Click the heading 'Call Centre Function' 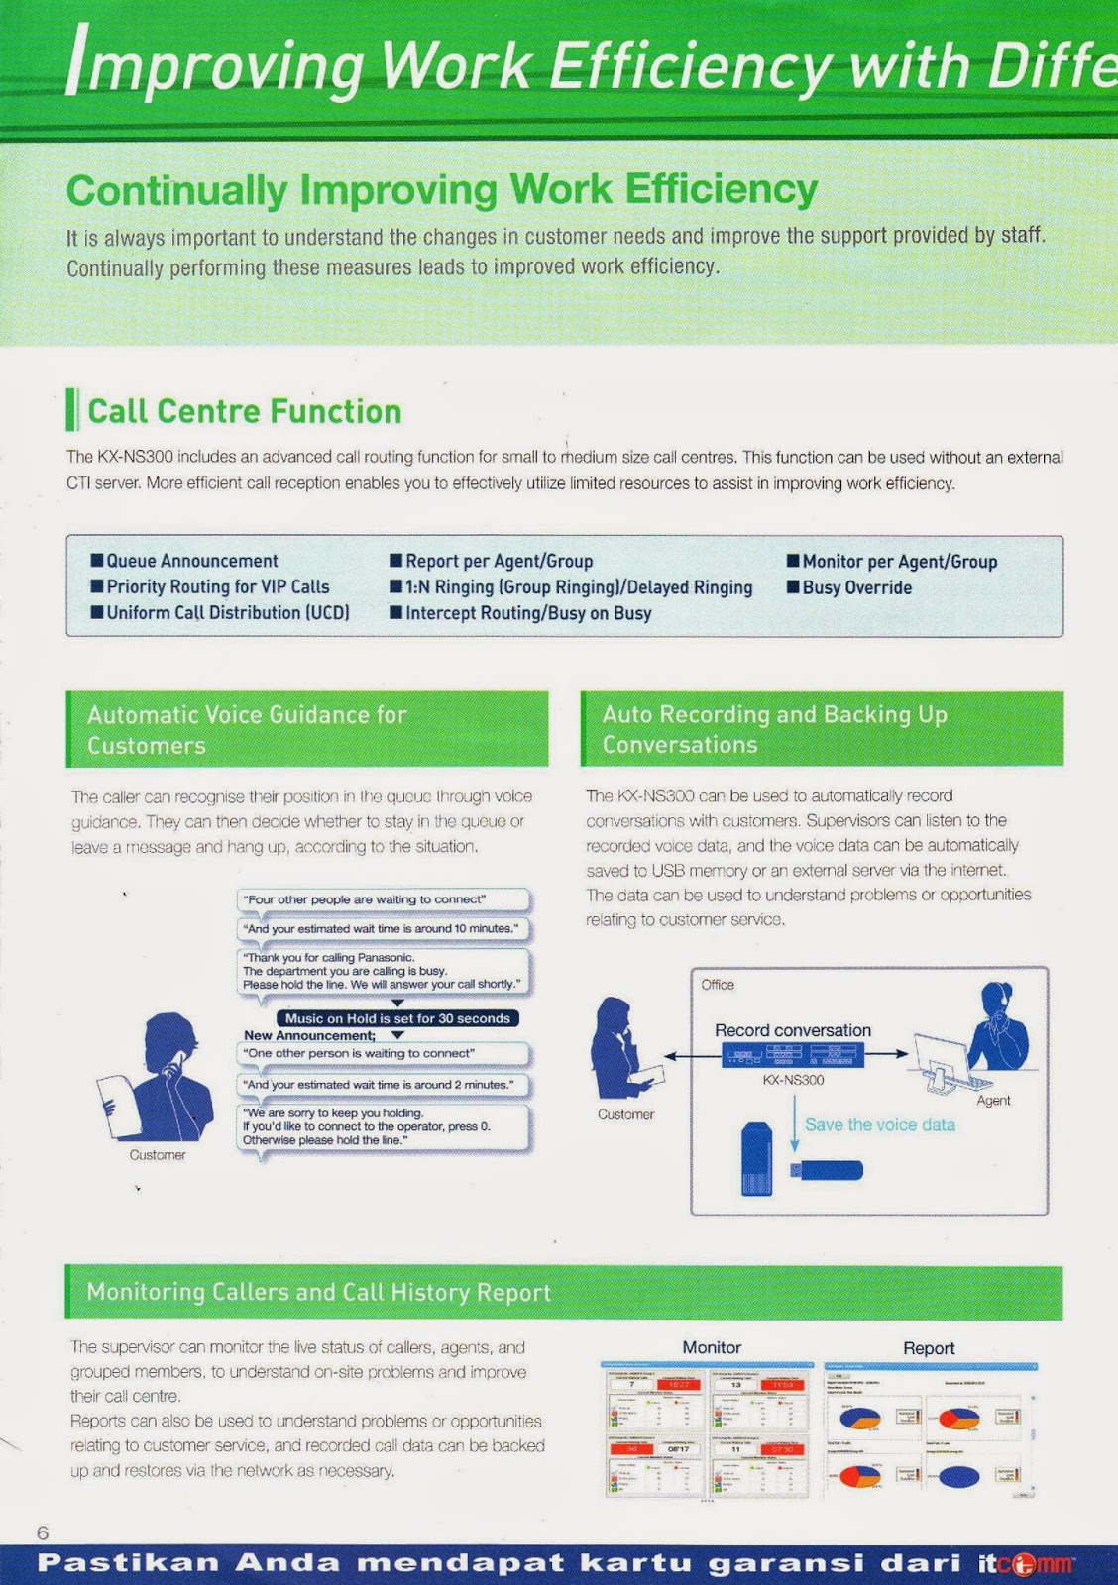click(x=244, y=411)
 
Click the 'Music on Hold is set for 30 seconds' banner click(x=397, y=1018)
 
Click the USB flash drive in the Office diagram click(x=826, y=1170)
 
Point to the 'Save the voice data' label click(x=879, y=1124)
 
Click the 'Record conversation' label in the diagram click(x=793, y=1030)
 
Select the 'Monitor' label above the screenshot click(x=712, y=1347)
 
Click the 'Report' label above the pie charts click(x=929, y=1348)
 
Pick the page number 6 click(x=43, y=1532)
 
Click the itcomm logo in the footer click(x=1025, y=1564)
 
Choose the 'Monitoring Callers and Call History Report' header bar click(x=563, y=1292)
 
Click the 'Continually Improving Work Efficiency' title click(x=442, y=190)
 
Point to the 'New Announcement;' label click(x=310, y=1035)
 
